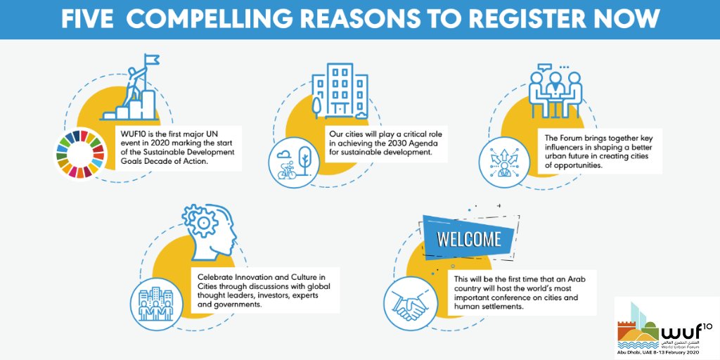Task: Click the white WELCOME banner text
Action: pyautogui.click(x=468, y=239)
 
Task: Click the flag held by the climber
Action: pyautogui.click(x=151, y=62)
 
